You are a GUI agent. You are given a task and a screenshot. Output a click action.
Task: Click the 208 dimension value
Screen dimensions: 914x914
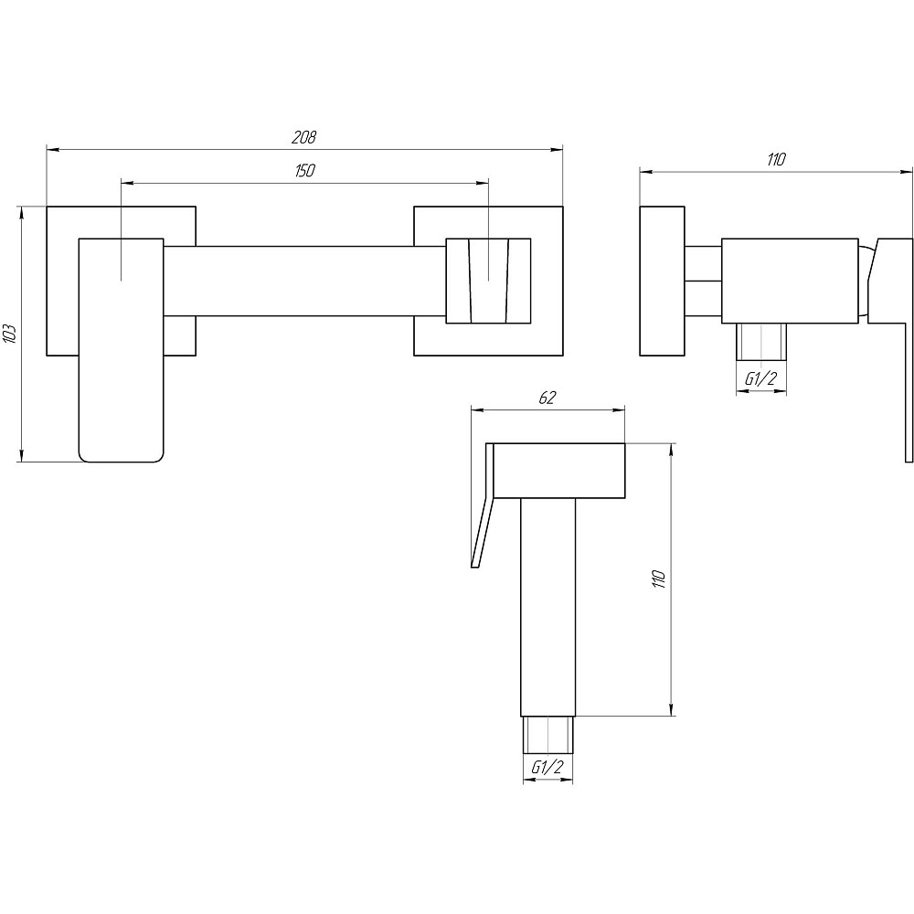click(303, 137)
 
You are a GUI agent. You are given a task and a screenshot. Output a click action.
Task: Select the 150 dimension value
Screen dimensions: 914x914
click(305, 170)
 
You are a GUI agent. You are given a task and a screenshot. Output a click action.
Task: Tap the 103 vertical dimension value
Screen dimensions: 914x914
click(11, 334)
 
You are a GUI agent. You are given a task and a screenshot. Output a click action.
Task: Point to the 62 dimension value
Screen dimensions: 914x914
click(547, 398)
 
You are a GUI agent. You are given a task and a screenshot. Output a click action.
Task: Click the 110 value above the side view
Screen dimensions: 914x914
click(776, 159)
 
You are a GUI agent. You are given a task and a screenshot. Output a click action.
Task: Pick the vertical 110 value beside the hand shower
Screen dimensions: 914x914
click(659, 579)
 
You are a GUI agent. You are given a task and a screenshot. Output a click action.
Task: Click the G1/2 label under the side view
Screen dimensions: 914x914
click(761, 379)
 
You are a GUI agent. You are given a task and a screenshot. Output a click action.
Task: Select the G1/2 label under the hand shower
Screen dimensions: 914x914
click(547, 767)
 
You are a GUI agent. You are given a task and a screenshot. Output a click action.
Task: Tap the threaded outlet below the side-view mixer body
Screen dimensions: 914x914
click(761, 341)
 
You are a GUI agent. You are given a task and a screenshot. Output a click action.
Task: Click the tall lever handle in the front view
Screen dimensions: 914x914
click(122, 350)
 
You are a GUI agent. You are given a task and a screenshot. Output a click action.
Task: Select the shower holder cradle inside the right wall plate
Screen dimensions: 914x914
click(488, 281)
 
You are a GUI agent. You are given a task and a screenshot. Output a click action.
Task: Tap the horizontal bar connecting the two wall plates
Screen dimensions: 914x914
click(305, 281)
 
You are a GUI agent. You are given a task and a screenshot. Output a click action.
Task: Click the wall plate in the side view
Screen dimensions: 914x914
click(662, 281)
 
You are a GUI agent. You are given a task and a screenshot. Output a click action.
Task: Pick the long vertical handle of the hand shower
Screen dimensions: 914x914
click(547, 608)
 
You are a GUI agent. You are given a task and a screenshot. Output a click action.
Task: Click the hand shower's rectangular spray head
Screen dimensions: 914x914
click(559, 471)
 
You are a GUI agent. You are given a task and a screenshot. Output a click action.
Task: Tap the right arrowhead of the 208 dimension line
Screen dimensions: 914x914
click(558, 150)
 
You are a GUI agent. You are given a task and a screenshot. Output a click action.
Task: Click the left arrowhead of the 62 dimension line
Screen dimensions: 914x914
click(477, 410)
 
